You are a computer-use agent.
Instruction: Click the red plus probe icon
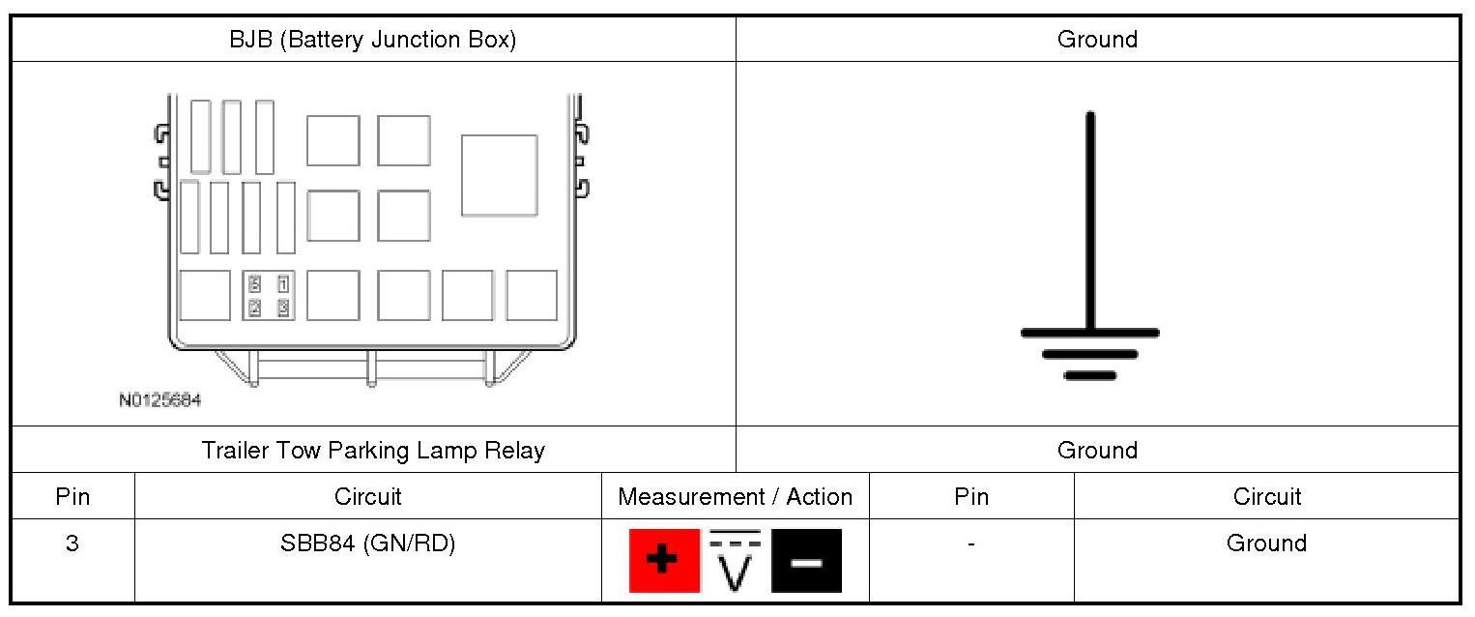[x=664, y=561]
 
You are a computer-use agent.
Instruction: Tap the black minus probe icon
[x=806, y=561]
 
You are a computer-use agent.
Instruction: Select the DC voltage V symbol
[x=736, y=561]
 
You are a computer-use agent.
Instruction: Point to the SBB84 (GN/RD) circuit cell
[x=367, y=544]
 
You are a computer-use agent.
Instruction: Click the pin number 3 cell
[x=72, y=544]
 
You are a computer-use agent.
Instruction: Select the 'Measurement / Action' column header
[x=735, y=497]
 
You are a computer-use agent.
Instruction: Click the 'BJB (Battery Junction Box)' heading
[x=372, y=40]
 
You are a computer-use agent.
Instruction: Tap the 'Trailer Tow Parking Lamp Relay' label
[x=372, y=451]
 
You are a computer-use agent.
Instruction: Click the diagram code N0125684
[x=160, y=399]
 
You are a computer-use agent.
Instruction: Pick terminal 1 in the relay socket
[x=283, y=284]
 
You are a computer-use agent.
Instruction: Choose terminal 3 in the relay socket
[x=283, y=308]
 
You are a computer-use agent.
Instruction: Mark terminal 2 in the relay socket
[x=255, y=308]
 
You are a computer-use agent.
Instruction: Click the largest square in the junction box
[x=499, y=175]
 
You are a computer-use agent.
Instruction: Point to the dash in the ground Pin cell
[x=970, y=544]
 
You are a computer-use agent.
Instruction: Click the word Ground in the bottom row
[x=1266, y=544]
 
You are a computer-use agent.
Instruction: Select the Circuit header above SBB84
[x=367, y=497]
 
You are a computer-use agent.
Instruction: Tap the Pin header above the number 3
[x=72, y=497]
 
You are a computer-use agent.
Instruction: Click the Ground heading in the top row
[x=1097, y=40]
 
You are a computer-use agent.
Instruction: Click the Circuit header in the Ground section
[x=1266, y=497]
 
